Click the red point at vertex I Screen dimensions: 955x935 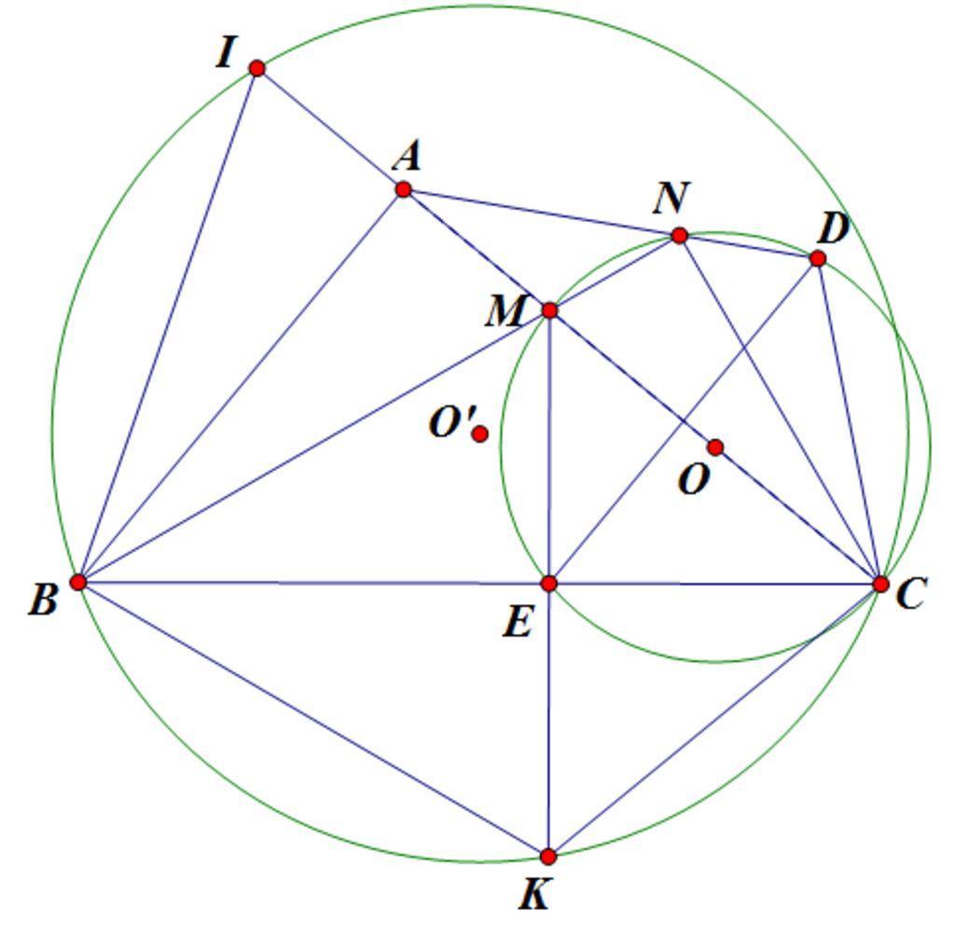[x=257, y=68]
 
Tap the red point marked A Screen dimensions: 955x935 [x=403, y=190]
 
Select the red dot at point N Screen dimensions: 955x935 [x=680, y=236]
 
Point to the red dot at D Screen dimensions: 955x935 [x=818, y=259]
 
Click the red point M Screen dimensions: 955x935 [x=549, y=310]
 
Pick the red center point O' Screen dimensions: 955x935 [x=480, y=434]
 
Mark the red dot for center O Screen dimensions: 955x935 [x=715, y=448]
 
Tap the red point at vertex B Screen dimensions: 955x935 [x=78, y=583]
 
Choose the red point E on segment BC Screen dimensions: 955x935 [x=548, y=584]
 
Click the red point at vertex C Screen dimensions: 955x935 [x=880, y=584]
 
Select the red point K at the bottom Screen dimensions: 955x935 [x=548, y=857]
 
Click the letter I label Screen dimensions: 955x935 [x=226, y=52]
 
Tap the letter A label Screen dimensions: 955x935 [x=408, y=156]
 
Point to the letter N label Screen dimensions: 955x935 [x=671, y=198]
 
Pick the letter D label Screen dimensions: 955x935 [x=834, y=229]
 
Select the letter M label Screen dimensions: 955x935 [x=505, y=311]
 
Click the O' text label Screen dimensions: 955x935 [x=452, y=422]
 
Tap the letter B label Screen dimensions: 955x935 [x=44, y=599]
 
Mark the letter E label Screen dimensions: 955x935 [x=518, y=623]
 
